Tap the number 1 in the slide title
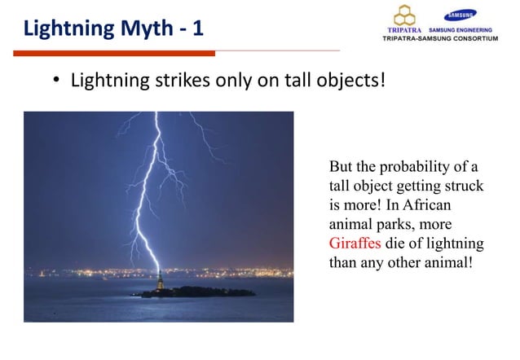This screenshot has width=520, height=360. click(x=198, y=29)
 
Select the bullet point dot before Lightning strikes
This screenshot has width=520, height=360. click(x=56, y=82)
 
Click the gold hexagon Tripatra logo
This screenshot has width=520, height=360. click(x=405, y=15)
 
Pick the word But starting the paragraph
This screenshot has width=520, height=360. click(x=341, y=169)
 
